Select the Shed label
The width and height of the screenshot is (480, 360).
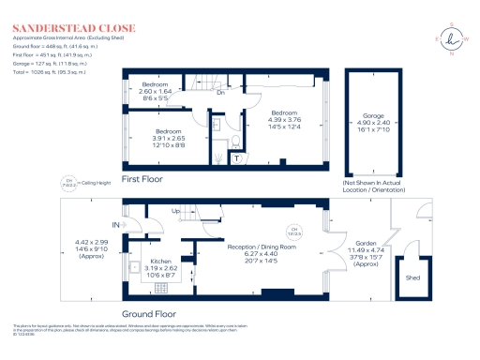(412, 277)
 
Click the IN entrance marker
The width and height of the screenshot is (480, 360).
(115, 225)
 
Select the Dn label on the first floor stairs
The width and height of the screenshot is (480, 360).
(220, 92)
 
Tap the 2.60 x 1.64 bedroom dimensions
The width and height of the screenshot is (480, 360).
(156, 92)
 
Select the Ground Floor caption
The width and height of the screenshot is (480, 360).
(150, 315)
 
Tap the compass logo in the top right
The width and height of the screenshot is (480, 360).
(454, 38)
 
